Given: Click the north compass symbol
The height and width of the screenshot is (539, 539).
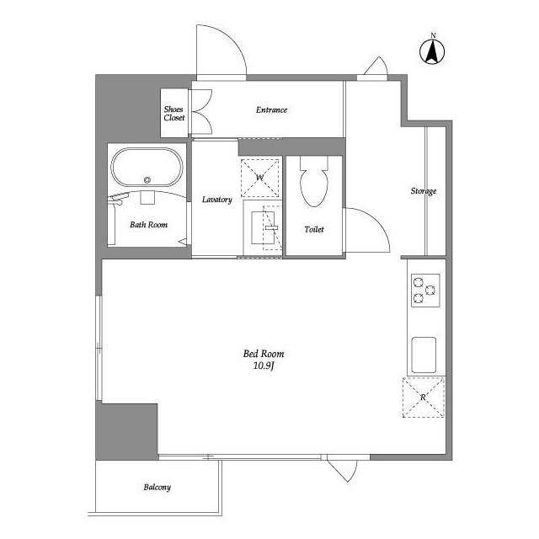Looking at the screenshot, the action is click(432, 51).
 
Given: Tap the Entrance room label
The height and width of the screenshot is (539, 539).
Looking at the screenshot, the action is click(271, 110).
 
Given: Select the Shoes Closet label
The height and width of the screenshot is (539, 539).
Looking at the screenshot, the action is click(174, 114).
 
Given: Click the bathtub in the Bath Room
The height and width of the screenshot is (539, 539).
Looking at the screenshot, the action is click(147, 168).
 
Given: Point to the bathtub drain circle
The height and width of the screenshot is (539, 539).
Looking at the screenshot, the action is click(147, 179).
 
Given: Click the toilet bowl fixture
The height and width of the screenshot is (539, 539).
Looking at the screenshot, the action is click(314, 182).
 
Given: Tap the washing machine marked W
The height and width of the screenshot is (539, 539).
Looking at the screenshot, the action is click(260, 178).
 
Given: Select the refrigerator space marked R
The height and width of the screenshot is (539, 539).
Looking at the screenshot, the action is click(423, 397).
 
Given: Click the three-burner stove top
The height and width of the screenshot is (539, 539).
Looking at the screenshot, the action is click(425, 290).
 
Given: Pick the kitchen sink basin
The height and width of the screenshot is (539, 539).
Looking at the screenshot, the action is click(424, 355).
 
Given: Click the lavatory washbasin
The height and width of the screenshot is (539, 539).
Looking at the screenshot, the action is click(263, 228).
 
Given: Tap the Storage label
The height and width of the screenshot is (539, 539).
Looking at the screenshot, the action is click(424, 191).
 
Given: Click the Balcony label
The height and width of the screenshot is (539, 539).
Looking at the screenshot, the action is click(157, 487).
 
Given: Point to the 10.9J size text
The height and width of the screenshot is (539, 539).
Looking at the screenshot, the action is click(264, 366).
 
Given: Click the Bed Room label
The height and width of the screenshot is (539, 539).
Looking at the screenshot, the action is click(264, 354).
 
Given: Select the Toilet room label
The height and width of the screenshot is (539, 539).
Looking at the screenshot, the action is click(314, 229).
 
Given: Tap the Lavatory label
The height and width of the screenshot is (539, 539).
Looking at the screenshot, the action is click(217, 200).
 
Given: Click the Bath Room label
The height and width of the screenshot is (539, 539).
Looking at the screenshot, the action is click(148, 225).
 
